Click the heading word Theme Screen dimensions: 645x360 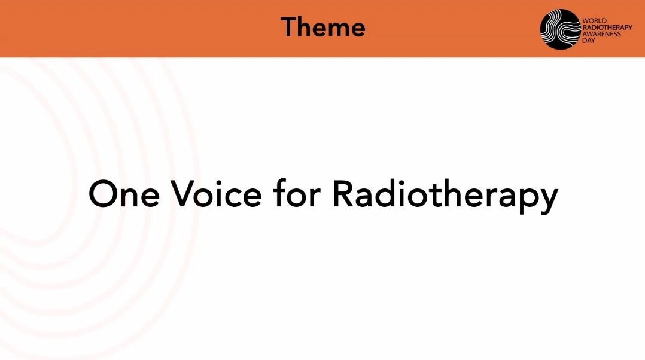[x=323, y=27]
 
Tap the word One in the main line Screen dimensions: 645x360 [x=124, y=194]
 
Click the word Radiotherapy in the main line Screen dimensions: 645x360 [x=445, y=196]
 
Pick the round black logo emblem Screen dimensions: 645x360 [x=560, y=29]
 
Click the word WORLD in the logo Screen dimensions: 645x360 [x=594, y=21]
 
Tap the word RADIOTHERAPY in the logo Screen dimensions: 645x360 [x=607, y=28]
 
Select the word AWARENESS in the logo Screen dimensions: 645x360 [x=601, y=34]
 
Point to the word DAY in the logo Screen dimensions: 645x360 [x=589, y=41]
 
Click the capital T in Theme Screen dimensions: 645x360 [x=289, y=27]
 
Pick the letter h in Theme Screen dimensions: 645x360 [x=308, y=27]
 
